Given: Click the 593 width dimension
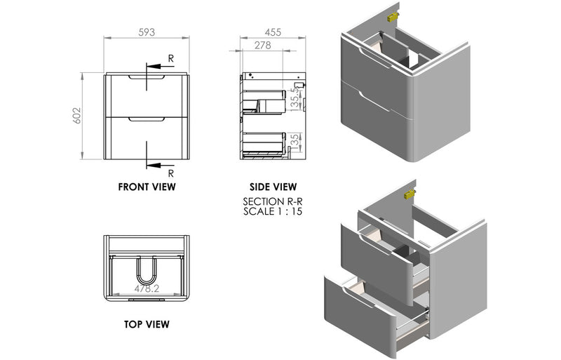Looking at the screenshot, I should (x=146, y=32).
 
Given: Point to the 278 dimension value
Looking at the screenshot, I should (x=263, y=45).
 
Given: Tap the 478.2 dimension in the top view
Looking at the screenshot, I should (x=146, y=288).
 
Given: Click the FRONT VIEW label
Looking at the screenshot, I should (x=147, y=187).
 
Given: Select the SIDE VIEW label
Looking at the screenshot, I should (x=273, y=187).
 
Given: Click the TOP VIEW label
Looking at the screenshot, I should (x=146, y=324).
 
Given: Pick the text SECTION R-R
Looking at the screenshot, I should (x=273, y=201).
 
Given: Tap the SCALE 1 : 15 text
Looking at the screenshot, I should (x=273, y=211).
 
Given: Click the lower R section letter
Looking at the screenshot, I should (x=171, y=173).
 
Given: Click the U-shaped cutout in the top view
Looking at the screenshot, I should (x=146, y=270).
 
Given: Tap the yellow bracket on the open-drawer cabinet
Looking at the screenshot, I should (x=410, y=192).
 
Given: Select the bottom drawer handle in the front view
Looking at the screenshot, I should (x=147, y=120).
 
